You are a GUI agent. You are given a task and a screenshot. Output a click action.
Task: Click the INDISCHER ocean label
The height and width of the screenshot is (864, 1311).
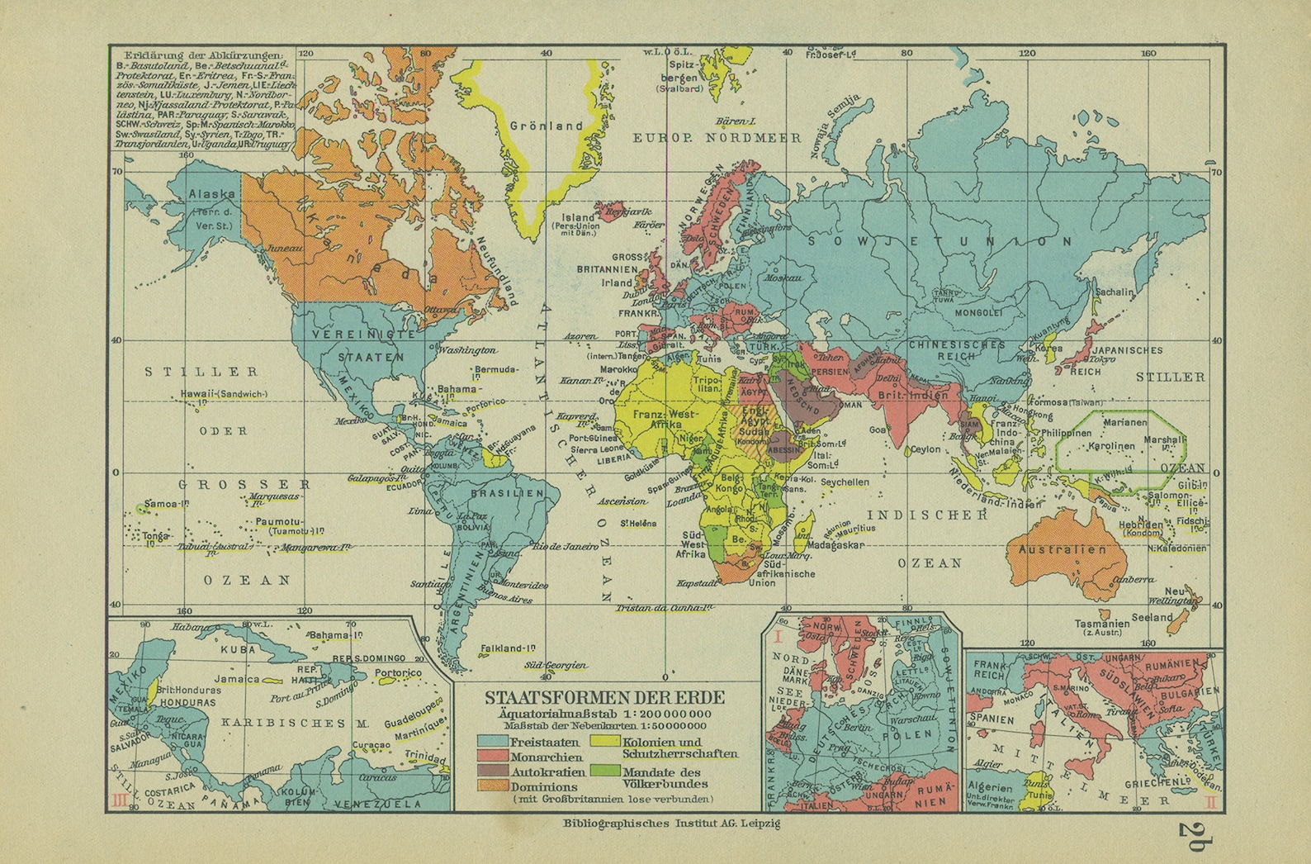click(932, 515)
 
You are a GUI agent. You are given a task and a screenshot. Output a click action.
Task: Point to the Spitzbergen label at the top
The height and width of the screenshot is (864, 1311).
click(685, 69)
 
